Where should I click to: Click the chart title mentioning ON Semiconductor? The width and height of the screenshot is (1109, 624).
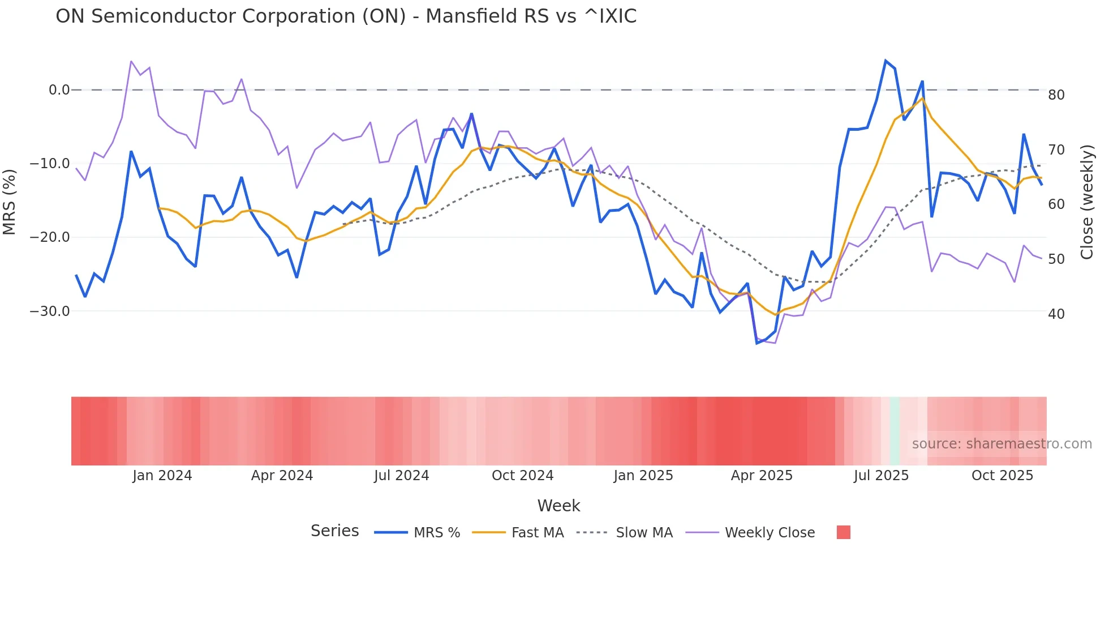346,16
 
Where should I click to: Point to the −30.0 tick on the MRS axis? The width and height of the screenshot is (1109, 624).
50,311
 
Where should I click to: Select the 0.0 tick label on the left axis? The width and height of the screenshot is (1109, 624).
59,90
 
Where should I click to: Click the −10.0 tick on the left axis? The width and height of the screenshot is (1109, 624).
50,164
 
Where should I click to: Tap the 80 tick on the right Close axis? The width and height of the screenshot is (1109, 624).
1056,95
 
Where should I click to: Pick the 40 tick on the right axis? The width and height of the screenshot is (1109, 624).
1056,314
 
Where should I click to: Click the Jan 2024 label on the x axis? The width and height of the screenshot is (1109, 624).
162,476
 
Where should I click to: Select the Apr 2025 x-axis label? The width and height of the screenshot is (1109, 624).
762,476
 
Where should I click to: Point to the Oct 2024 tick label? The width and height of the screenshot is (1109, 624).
522,476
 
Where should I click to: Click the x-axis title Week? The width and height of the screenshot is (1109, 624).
558,506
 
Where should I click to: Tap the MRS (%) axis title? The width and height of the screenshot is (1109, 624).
10,202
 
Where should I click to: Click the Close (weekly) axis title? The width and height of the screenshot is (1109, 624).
1086,202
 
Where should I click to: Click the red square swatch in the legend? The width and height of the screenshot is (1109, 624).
843,532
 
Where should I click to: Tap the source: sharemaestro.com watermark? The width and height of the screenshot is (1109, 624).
1001,444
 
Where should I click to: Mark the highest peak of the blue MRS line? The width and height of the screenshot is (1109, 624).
886,61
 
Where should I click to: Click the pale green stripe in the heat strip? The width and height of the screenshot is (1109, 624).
895,431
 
